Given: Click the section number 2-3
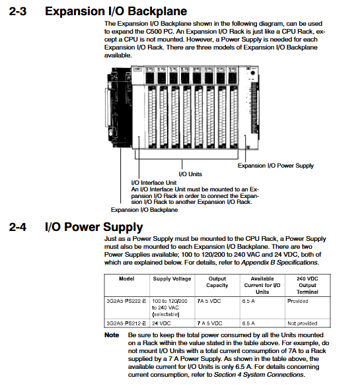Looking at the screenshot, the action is tap(18, 11).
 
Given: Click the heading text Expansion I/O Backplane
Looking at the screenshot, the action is tap(116, 11).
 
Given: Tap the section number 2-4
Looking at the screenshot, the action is tap(18, 227).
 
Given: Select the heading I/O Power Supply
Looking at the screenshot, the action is tap(94, 227).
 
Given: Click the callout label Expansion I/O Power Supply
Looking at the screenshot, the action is tap(275, 166).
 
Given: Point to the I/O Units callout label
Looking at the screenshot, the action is tap(190, 174).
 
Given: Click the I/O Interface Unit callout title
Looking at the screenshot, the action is tap(154, 183).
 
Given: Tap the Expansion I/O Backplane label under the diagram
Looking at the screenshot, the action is tap(144, 210).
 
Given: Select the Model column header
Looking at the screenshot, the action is tap(126, 278).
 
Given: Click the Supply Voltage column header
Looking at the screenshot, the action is tap(172, 279).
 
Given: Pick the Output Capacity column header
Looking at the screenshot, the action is tap(217, 282).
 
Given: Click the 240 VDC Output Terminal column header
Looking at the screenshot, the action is tap(307, 285).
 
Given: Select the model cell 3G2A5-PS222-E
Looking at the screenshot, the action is tap(126, 301).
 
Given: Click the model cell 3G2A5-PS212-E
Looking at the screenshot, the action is tap(126, 323).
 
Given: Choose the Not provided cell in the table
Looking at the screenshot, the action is tap(303, 323).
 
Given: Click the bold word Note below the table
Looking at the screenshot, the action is tap(112, 335).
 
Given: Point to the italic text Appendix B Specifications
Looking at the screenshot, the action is tap(279, 263).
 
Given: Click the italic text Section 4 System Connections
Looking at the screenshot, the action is tap(259, 375).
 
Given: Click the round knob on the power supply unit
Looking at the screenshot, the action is tap(253, 73).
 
